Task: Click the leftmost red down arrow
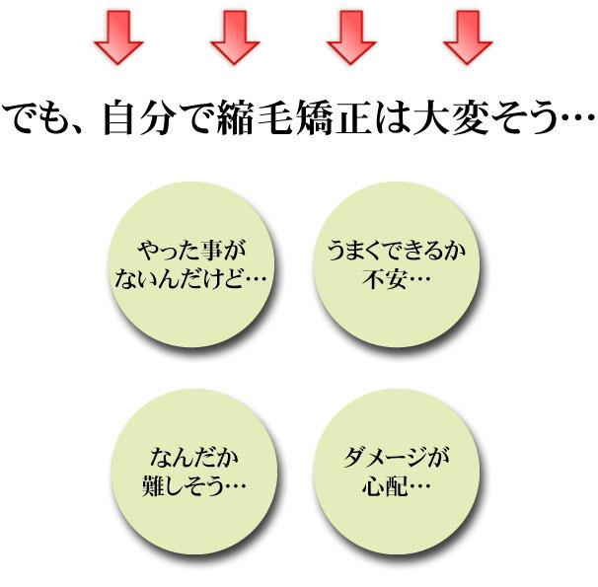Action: coord(118,38)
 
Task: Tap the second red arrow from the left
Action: coord(235,38)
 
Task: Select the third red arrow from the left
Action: coord(351,38)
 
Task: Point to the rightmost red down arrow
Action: coord(468,38)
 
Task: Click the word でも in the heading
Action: coord(43,119)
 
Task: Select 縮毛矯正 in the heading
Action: coord(285,119)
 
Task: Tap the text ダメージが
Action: coord(397,459)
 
